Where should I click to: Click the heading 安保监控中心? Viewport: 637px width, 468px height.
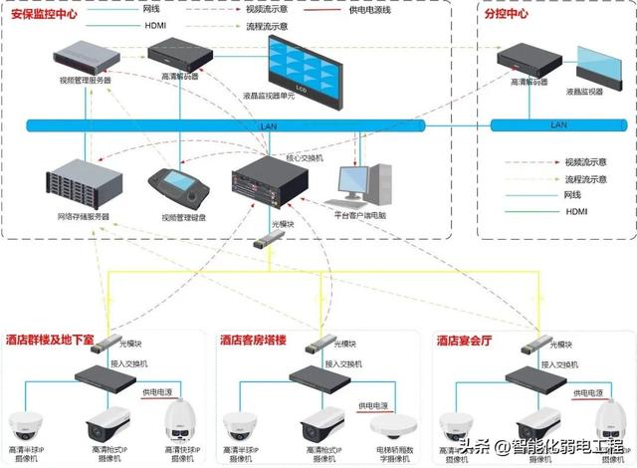click(x=45, y=14)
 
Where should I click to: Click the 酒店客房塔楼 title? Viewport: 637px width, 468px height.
click(x=253, y=341)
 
